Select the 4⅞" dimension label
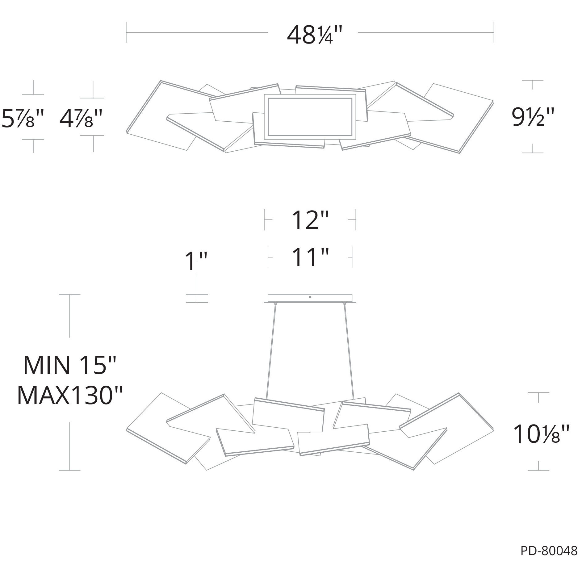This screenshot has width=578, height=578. [81, 118]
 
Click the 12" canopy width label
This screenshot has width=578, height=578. [310, 220]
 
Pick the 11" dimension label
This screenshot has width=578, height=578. [310, 257]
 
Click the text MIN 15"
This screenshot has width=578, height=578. [69, 365]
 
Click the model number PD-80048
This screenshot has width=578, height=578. [549, 551]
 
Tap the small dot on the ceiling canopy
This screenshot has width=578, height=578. [310, 297]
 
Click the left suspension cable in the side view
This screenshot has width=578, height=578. [271, 349]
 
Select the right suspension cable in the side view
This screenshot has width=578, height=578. [349, 349]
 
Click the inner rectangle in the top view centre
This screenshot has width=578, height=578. [310, 117]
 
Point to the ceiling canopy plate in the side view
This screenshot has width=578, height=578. [310, 299]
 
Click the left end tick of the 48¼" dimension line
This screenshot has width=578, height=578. [126, 32]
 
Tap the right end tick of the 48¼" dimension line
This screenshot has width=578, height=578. [494, 32]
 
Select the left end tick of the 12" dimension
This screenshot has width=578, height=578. [264, 220]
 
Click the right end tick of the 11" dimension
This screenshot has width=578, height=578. [352, 257]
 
